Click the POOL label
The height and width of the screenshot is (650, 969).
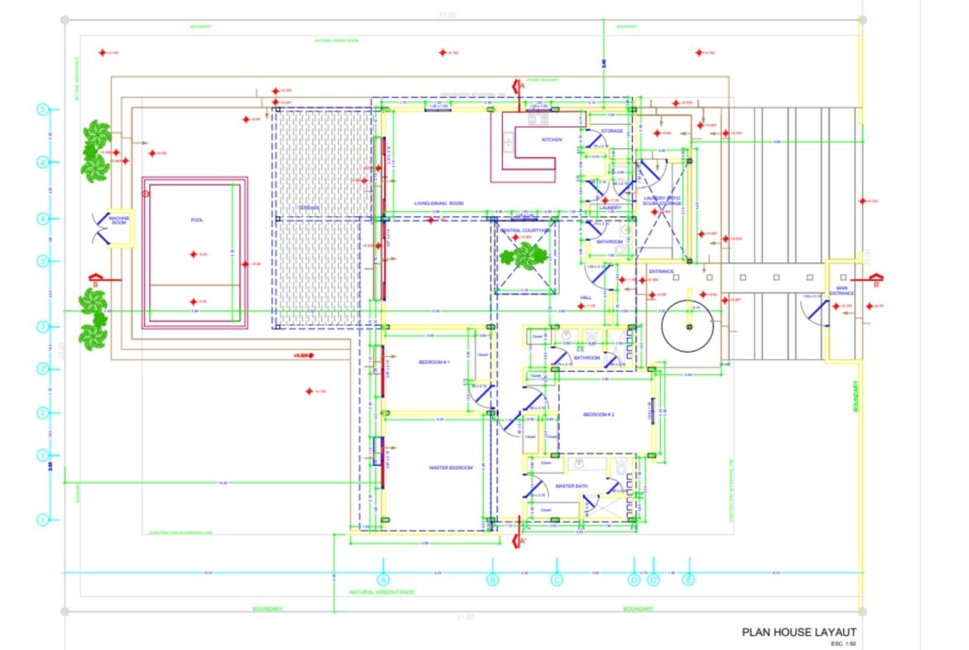pyautogui.click(x=196, y=220)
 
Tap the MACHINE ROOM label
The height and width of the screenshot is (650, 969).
pyautogui.click(x=119, y=220)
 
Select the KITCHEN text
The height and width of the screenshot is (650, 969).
pyautogui.click(x=552, y=140)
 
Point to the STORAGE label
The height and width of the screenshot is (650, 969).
pyautogui.click(x=612, y=131)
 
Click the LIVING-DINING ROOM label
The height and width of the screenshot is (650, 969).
pyautogui.click(x=439, y=203)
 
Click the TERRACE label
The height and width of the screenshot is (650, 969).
pyautogui.click(x=309, y=208)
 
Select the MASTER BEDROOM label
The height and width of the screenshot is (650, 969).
pyautogui.click(x=451, y=468)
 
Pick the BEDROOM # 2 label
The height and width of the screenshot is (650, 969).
pyautogui.click(x=597, y=414)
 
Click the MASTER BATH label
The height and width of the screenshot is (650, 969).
pyautogui.click(x=571, y=486)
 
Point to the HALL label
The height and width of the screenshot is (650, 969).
pyautogui.click(x=586, y=297)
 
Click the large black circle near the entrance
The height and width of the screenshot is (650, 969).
pyautogui.click(x=688, y=326)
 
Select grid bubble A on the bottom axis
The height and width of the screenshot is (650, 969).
pyautogui.click(x=383, y=580)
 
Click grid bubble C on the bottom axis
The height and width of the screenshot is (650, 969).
pyautogui.click(x=557, y=580)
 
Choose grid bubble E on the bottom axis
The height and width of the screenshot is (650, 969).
pyautogui.click(x=688, y=580)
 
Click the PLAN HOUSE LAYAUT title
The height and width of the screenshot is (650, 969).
pyautogui.click(x=798, y=632)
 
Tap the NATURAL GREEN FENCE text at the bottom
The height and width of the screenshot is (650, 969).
pyautogui.click(x=381, y=592)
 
